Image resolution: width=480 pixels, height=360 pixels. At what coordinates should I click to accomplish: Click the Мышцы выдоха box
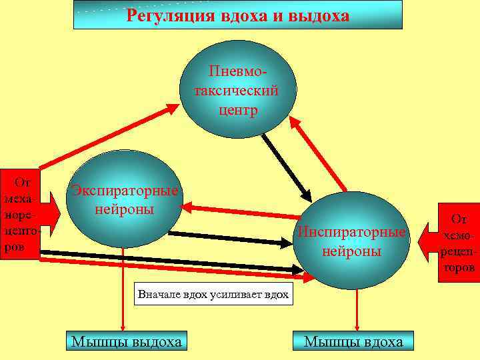click(127, 342)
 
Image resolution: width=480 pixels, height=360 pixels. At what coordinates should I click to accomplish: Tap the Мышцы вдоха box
click(353, 342)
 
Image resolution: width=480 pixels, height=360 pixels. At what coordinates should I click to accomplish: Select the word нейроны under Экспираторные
click(125, 209)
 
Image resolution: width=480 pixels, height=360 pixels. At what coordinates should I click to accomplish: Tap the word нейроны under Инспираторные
click(351, 251)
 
